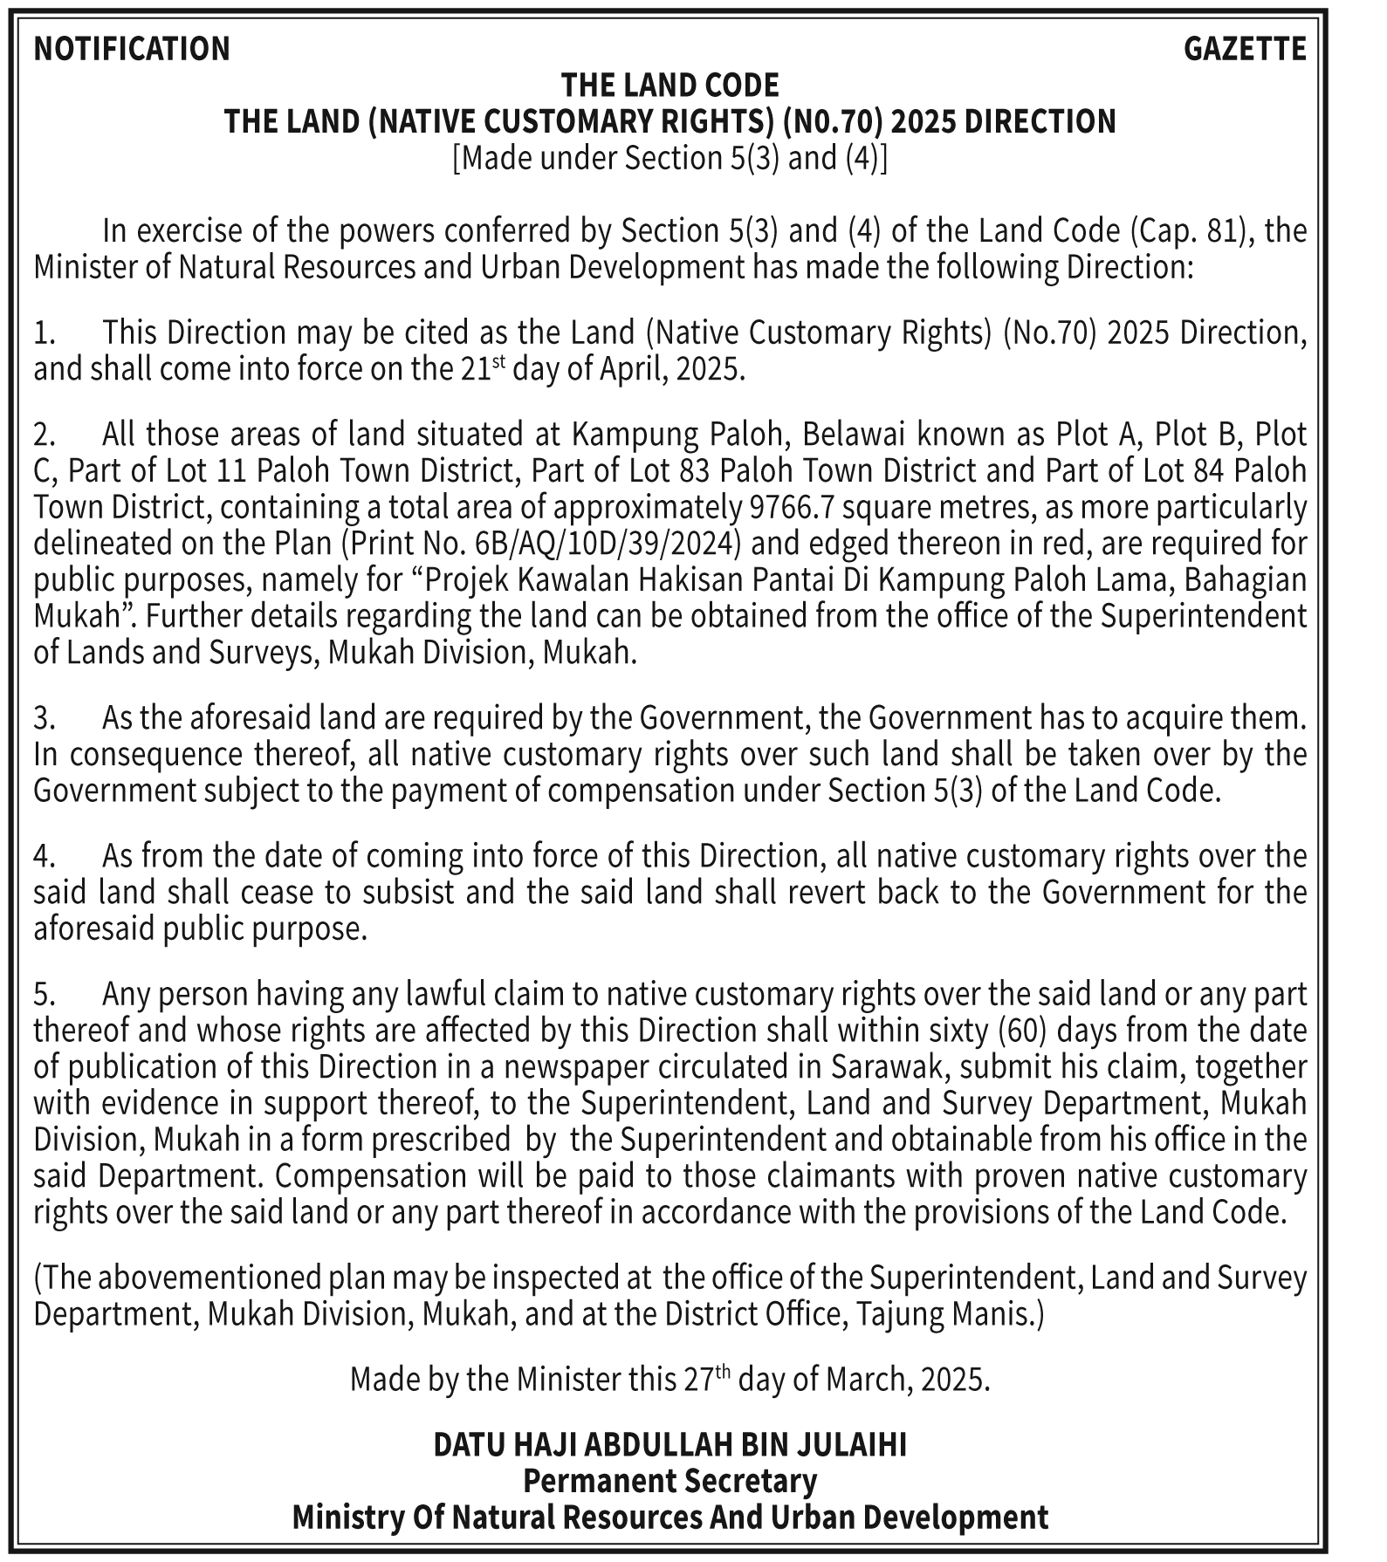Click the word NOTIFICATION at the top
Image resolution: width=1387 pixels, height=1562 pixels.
(132, 49)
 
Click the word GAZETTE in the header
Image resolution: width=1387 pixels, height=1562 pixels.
(1245, 49)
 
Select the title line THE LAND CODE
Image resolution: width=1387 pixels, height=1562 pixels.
(669, 86)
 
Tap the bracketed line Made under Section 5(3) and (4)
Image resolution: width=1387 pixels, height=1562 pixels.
(669, 159)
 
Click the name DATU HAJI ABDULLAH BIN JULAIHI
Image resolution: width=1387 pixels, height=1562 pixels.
(669, 1445)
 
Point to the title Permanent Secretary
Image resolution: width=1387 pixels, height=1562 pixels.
(669, 1481)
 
